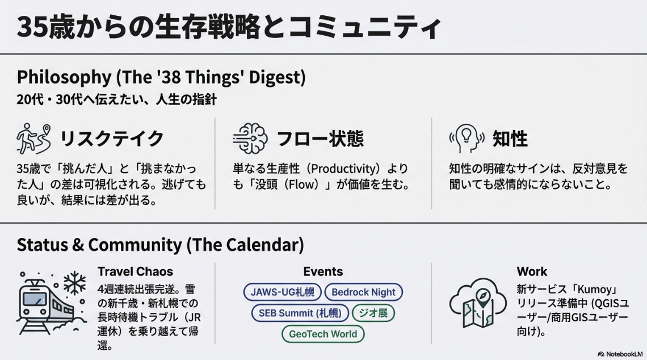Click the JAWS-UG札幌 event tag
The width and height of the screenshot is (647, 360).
[282, 292]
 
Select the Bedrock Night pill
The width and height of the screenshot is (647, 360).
[364, 292]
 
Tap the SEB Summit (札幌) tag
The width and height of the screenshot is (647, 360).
[300, 313]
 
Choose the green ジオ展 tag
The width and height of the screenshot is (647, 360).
[373, 313]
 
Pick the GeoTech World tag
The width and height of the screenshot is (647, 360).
[323, 334]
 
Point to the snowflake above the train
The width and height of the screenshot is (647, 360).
[75, 283]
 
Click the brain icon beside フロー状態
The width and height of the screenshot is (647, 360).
[250, 139]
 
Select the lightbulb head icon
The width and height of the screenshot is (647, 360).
[467, 139]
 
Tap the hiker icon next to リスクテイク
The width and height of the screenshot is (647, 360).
[34, 139]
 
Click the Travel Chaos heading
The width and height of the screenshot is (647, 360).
[135, 271]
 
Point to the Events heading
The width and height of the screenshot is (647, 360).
[323, 271]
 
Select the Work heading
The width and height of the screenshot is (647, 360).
[532, 271]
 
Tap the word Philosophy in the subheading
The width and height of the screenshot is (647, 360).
[64, 78]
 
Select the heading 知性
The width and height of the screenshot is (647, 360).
[510, 139]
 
